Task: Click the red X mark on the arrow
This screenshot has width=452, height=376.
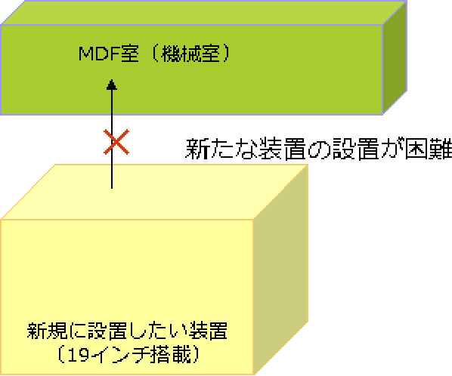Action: click(x=116, y=142)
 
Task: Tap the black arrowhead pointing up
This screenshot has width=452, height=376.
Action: click(x=112, y=85)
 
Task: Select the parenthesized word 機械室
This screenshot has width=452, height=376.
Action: click(x=190, y=54)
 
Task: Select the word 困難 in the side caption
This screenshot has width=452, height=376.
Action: click(x=428, y=149)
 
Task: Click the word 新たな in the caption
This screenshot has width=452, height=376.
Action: click(x=221, y=149)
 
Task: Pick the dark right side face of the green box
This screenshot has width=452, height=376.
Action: click(x=395, y=57)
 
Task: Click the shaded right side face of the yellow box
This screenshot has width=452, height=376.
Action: click(x=280, y=270)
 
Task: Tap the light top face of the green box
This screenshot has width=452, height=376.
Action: click(x=203, y=13)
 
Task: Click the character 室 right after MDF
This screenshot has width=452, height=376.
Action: click(x=129, y=54)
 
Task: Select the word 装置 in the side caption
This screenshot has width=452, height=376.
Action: click(x=282, y=149)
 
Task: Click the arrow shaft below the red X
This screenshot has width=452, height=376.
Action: click(x=112, y=171)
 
